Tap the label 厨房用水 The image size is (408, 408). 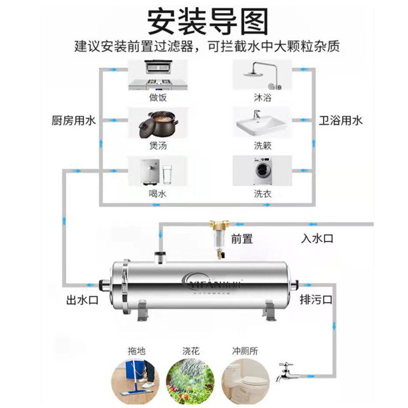74,121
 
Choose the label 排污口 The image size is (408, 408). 316,299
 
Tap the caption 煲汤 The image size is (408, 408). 158,145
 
